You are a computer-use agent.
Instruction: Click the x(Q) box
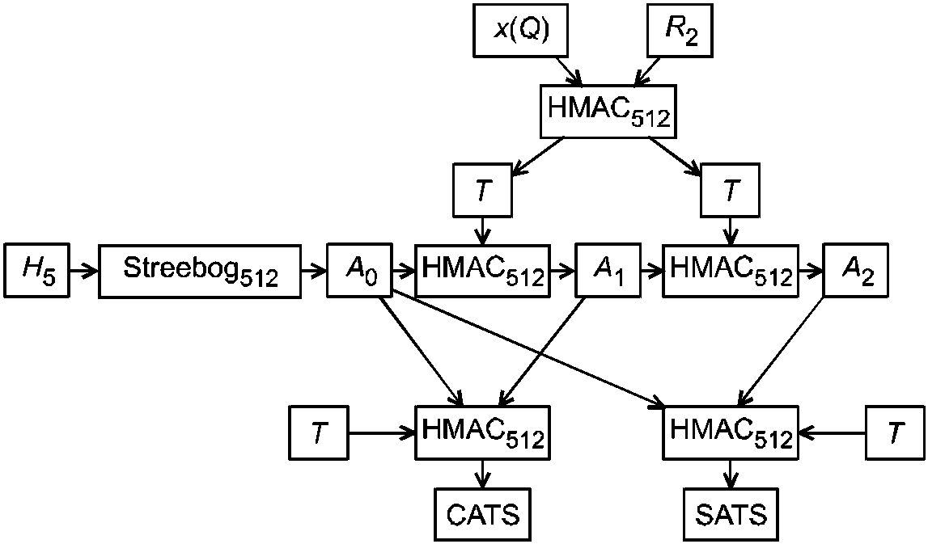tap(521, 30)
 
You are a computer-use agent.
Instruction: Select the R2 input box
tap(680, 30)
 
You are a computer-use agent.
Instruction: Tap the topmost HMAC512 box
tap(608, 112)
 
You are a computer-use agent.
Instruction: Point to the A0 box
tap(359, 270)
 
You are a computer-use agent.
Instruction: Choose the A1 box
tap(608, 270)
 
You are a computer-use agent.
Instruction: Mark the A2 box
tap(856, 270)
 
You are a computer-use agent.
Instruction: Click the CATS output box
tap(483, 514)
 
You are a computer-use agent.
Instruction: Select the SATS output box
tap(731, 514)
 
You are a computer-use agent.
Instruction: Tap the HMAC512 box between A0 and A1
tap(483, 270)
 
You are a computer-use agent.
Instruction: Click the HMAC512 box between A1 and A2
tap(731, 270)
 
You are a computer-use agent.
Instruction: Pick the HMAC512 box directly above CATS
tap(483, 432)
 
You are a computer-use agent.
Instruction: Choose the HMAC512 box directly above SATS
tap(731, 432)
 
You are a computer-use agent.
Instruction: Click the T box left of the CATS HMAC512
tap(319, 432)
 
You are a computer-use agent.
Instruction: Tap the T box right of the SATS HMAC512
tap(895, 432)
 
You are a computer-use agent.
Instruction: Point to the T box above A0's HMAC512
tap(482, 190)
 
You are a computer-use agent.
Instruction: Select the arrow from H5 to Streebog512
tap(83, 271)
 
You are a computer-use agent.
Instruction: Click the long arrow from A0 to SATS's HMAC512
tap(528, 349)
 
